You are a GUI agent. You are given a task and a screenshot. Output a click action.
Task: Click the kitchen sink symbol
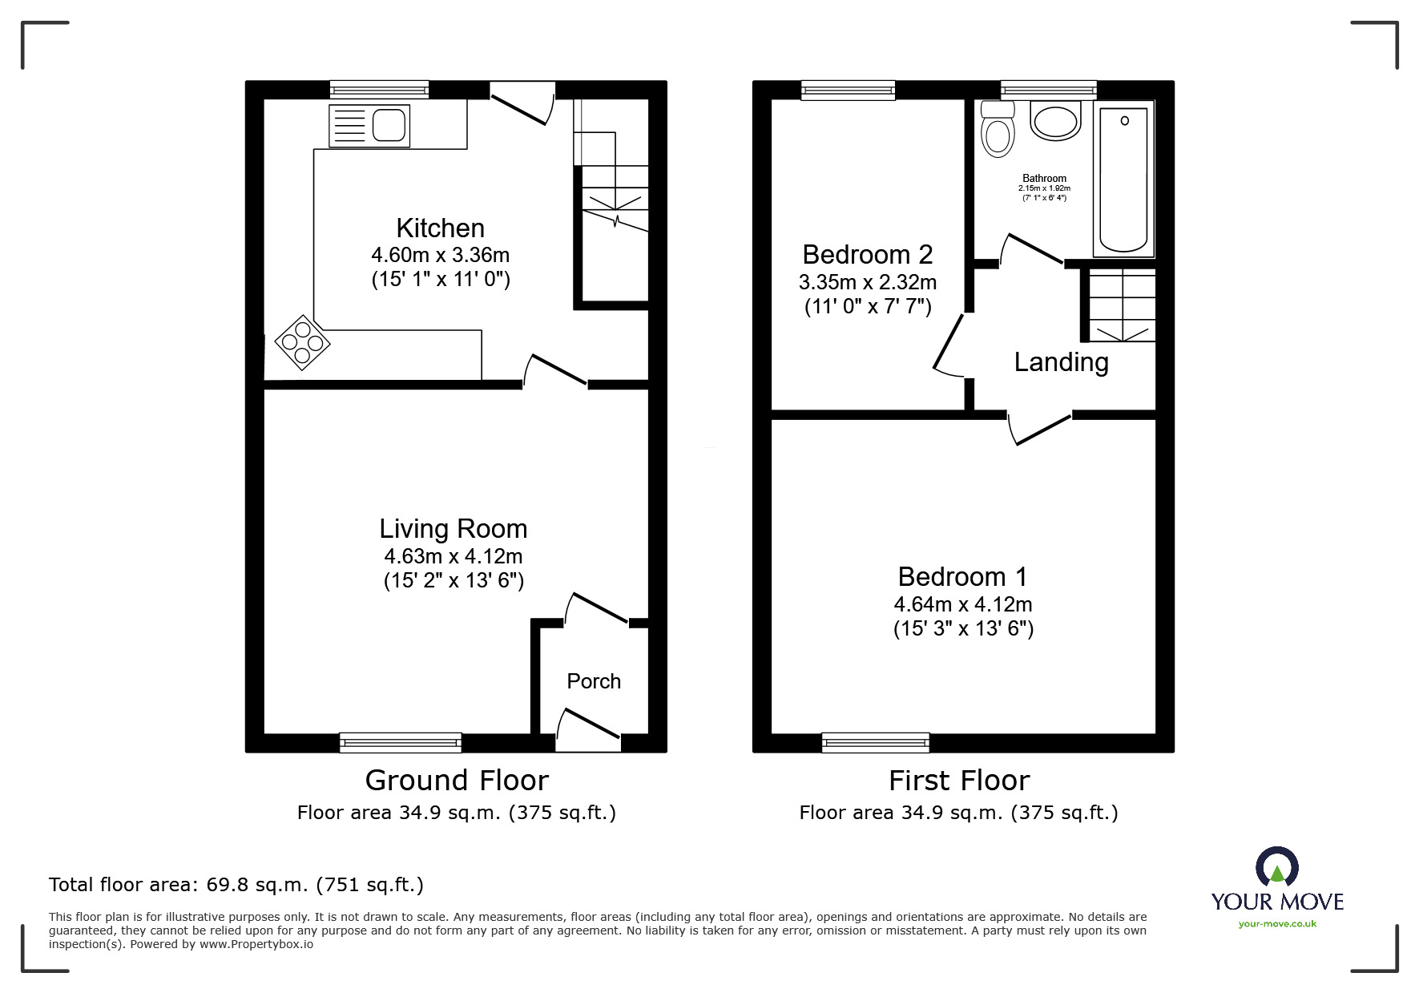[369, 126]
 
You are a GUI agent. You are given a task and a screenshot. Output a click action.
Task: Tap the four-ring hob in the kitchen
[303, 343]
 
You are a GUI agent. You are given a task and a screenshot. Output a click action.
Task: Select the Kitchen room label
[440, 228]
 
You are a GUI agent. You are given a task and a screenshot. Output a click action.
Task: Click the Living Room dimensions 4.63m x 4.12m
[453, 555]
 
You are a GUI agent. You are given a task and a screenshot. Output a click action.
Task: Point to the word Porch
[594, 681]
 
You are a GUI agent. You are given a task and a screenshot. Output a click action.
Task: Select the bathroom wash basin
[1055, 122]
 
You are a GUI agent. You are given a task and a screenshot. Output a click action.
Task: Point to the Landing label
[1061, 362]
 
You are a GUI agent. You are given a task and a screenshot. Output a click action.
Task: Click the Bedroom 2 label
[867, 255]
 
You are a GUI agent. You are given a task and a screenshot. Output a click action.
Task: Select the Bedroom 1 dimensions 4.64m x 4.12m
[963, 604]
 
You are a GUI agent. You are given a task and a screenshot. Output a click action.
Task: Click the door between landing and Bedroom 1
[1039, 428]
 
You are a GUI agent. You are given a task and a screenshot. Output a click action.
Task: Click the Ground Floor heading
[457, 780]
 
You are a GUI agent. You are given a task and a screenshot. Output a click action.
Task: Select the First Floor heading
[958, 780]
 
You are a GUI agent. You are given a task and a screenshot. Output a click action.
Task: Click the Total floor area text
[236, 885]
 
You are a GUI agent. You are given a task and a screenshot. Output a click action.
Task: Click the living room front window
[401, 742]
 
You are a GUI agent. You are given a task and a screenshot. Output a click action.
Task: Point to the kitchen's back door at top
[522, 104]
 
